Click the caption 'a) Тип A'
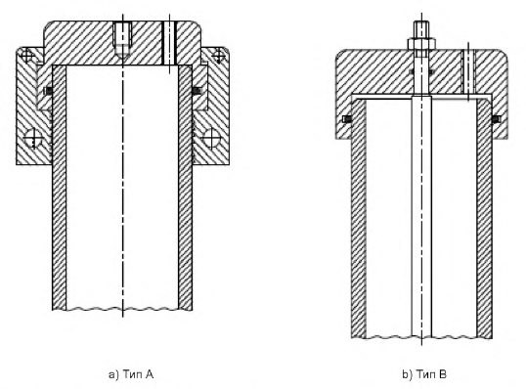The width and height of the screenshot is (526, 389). point(131,374)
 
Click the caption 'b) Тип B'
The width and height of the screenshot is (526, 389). point(424,374)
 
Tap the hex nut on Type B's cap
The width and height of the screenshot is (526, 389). point(421,44)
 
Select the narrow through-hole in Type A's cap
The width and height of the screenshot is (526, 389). point(169,43)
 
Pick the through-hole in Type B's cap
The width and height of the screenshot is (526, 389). point(468,71)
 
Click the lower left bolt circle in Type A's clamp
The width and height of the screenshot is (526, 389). point(33,138)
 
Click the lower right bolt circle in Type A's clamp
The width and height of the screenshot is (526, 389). point(212,138)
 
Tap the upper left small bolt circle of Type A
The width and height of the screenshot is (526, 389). point(27,56)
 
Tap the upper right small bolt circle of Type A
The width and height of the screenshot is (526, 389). point(218,56)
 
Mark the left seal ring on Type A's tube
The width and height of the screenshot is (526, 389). point(49,91)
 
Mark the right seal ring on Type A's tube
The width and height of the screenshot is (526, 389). point(197,91)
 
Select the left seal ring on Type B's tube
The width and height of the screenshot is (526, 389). point(347,119)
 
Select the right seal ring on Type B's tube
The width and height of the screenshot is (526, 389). point(496,119)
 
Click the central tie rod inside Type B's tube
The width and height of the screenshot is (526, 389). point(421,216)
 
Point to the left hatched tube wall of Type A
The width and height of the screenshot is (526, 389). point(59,188)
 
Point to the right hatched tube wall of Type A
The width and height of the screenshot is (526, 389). point(185,188)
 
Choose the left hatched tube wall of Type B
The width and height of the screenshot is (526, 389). point(359,218)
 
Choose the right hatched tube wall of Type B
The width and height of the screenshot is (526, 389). point(484,218)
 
